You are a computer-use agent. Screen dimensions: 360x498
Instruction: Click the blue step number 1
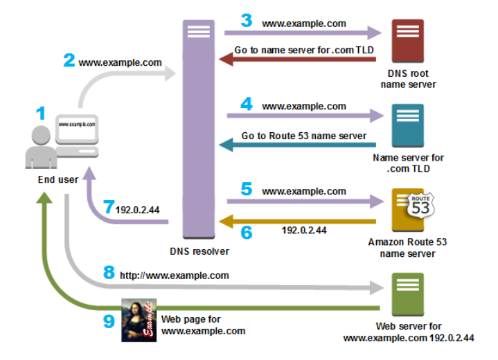pyautogui.click(x=40, y=114)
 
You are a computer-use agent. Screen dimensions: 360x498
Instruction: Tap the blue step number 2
pyautogui.click(x=69, y=60)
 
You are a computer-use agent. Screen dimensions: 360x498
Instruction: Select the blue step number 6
pyautogui.click(x=246, y=231)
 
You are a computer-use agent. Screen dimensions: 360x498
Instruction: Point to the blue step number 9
pyautogui.click(x=109, y=321)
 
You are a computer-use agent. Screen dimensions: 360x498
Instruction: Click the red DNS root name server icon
pyautogui.click(x=407, y=42)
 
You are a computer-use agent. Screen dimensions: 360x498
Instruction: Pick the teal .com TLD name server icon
pyautogui.click(x=407, y=126)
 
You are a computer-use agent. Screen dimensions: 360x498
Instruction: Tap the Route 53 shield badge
pyautogui.click(x=420, y=204)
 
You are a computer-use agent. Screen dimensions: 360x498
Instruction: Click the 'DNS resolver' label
pyautogui.click(x=199, y=251)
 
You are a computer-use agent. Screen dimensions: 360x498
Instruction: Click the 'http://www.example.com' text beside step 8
pyautogui.click(x=174, y=275)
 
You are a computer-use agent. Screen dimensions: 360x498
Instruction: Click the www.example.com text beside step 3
pyautogui.click(x=303, y=23)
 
